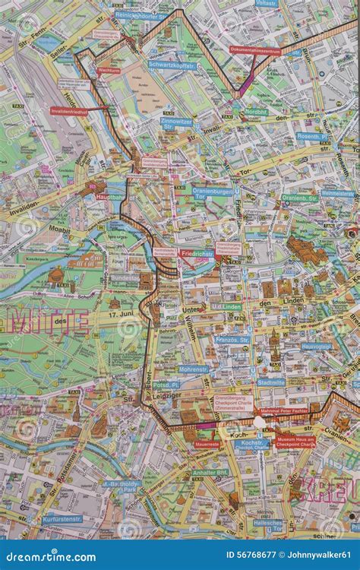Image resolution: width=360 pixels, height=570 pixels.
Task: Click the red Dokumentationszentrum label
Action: point(255,51)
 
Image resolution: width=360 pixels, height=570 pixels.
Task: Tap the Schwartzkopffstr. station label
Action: point(173,66)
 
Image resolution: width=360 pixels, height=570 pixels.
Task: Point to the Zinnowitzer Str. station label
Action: point(176,122)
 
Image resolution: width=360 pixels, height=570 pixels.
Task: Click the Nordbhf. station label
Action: point(256,111)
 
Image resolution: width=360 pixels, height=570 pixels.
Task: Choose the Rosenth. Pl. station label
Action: point(311,136)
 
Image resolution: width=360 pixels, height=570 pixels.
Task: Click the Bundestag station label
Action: point(125,279)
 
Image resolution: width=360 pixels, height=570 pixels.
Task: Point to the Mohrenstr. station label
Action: point(193,369)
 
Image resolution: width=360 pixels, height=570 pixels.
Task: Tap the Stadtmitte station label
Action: point(270,382)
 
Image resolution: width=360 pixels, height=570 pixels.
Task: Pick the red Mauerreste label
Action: point(207,444)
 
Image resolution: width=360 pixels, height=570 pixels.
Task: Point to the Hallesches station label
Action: point(268,524)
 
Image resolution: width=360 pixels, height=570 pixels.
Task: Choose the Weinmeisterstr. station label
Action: point(337,193)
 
